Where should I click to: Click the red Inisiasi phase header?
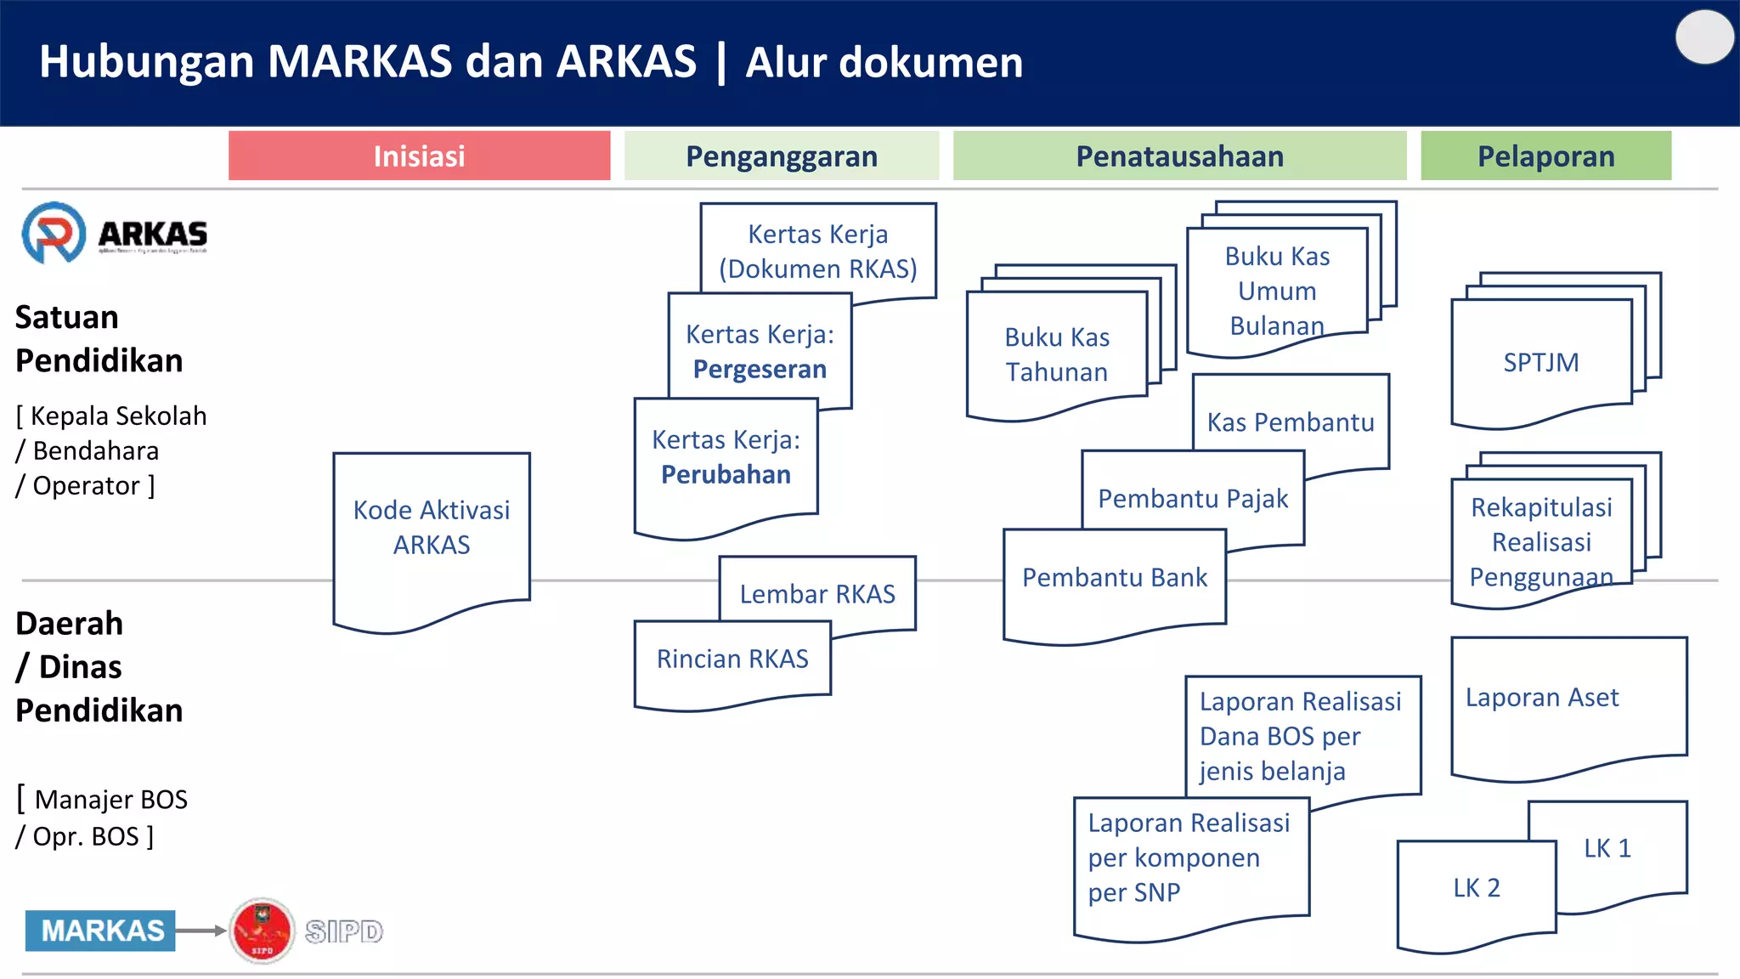pyautogui.click(x=419, y=156)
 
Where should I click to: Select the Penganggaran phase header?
pyautogui.click(x=781, y=156)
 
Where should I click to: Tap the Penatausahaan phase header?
pyautogui.click(x=1179, y=156)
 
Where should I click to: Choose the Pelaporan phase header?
pyautogui.click(x=1545, y=156)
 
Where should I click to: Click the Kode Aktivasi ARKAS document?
pyautogui.click(x=431, y=528)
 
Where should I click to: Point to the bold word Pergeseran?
pyautogui.click(x=760, y=370)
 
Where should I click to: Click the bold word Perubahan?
pyautogui.click(x=726, y=475)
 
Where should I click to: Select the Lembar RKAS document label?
pyautogui.click(x=817, y=594)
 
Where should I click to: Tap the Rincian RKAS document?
pyautogui.click(x=732, y=659)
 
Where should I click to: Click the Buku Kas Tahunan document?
pyautogui.click(x=1056, y=355)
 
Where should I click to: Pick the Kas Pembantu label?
pyautogui.click(x=1290, y=422)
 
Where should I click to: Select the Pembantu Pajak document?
pyautogui.click(x=1192, y=499)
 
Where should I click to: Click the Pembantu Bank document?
pyautogui.click(x=1114, y=579)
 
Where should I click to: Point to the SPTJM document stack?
pyautogui.click(x=1540, y=363)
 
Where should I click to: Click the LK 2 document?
pyautogui.click(x=1476, y=889)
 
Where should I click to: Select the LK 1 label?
pyautogui.click(x=1607, y=848)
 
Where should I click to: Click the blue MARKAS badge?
pyautogui.click(x=101, y=931)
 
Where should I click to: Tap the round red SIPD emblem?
pyautogui.click(x=263, y=931)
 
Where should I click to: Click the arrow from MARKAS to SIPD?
pyautogui.click(x=201, y=931)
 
